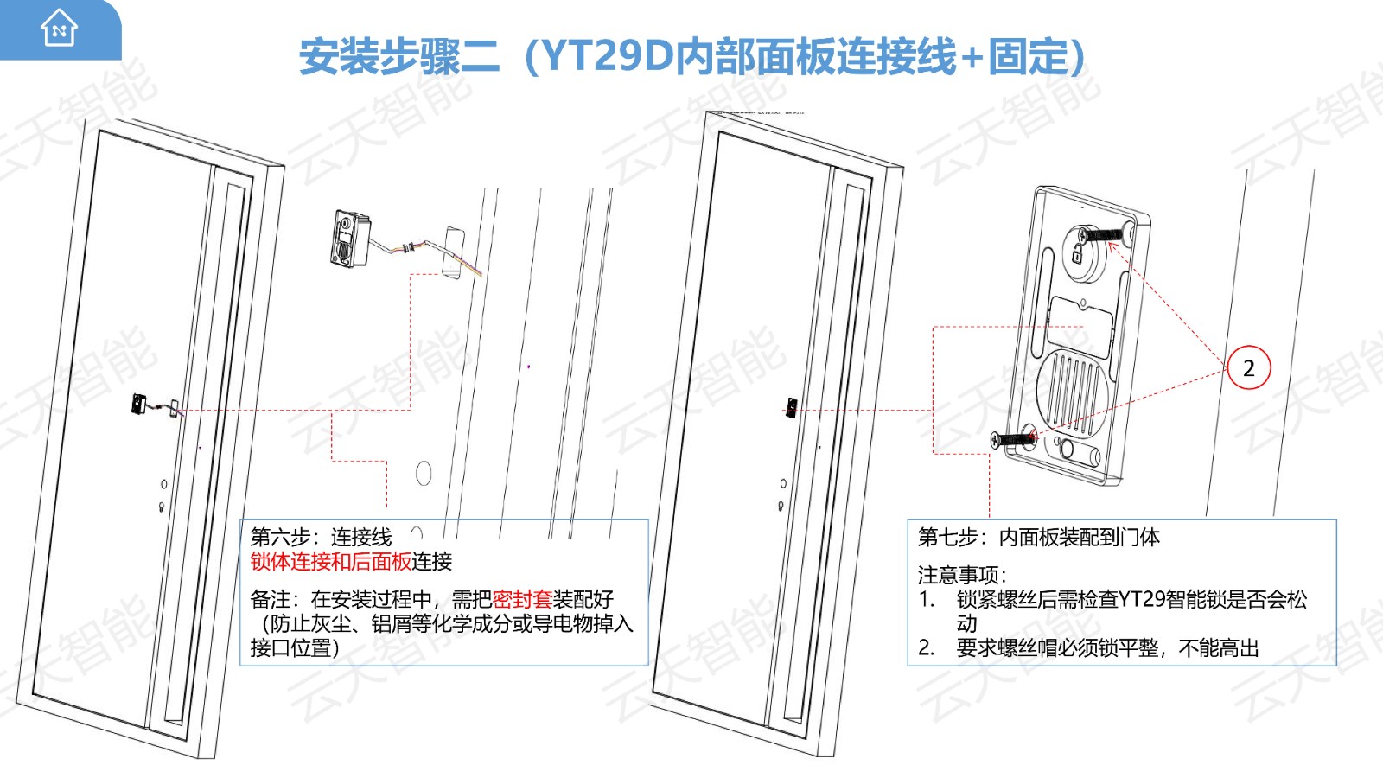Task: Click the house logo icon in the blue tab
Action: tap(60, 28)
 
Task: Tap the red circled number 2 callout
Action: tap(1248, 368)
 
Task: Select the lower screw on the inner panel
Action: tap(1012, 440)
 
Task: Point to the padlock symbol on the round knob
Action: tap(1077, 253)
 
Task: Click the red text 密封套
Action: tap(522, 599)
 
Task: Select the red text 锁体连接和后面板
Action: tap(331, 562)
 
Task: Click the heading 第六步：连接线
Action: tap(321, 537)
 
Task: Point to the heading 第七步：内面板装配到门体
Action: tap(1038, 537)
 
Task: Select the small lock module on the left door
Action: tap(138, 404)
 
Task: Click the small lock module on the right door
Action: tap(791, 407)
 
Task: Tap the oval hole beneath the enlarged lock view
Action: tap(424, 474)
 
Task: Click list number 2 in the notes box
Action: tap(926, 648)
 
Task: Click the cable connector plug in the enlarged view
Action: tap(407, 248)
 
